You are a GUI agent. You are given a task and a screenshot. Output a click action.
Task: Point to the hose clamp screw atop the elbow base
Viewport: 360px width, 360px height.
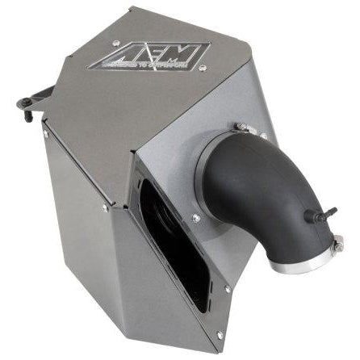[x=240, y=127]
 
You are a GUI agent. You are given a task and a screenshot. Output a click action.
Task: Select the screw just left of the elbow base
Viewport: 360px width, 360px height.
[x=195, y=218]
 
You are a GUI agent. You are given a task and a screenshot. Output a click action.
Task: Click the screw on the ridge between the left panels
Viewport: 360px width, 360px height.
[x=105, y=208]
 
